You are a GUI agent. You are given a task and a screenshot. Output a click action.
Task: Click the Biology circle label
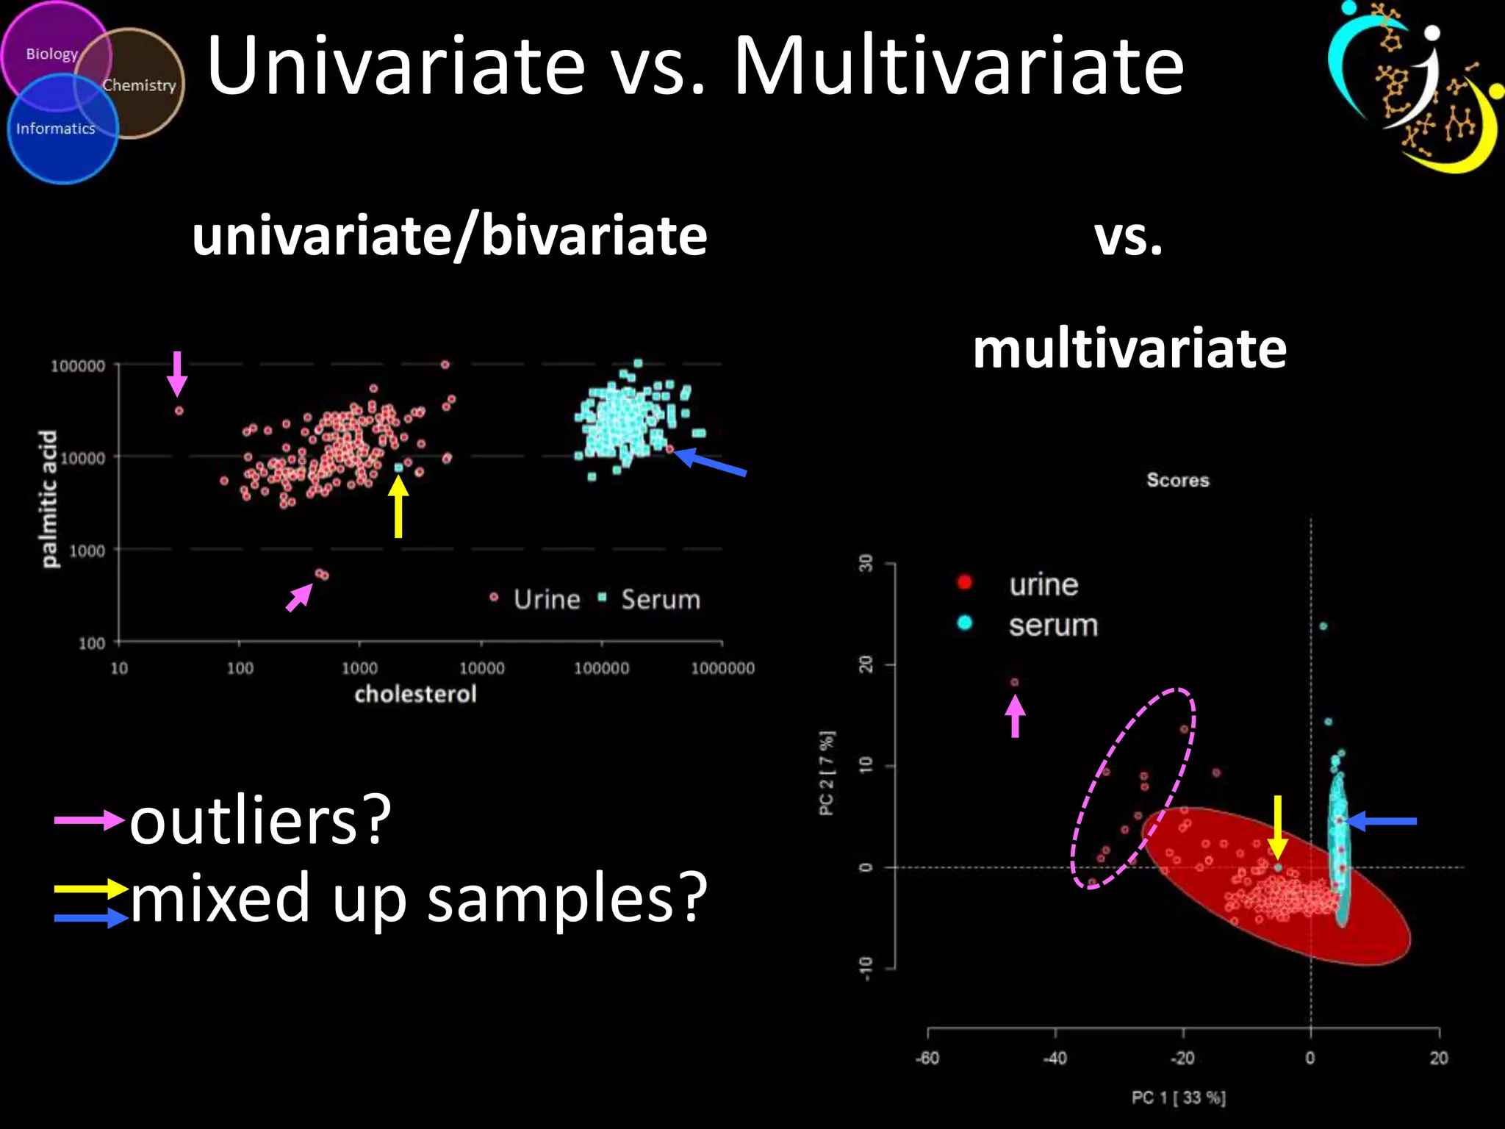51,54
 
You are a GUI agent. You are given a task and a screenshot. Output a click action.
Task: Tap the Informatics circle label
56,129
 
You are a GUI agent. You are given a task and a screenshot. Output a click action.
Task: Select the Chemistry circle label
139,85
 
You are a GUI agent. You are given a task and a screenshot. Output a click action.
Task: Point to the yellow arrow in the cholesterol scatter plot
398,506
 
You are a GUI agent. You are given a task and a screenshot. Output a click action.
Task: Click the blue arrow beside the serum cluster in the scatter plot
710,463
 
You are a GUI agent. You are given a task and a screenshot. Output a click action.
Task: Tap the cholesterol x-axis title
415,694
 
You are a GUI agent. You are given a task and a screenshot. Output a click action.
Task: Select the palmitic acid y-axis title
49,498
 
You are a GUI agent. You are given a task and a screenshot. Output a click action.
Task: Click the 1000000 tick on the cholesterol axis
722,668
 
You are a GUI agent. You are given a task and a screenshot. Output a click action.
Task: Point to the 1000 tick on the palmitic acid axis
87,551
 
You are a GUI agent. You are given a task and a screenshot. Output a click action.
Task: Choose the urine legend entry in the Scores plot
1043,585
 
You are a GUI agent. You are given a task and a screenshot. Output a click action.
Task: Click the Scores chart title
1177,480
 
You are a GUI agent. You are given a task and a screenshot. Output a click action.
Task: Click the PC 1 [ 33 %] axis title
1178,1097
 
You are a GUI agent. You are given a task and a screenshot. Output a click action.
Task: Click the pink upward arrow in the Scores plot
1015,716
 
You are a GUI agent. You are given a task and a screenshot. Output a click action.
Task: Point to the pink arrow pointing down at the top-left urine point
177,373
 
